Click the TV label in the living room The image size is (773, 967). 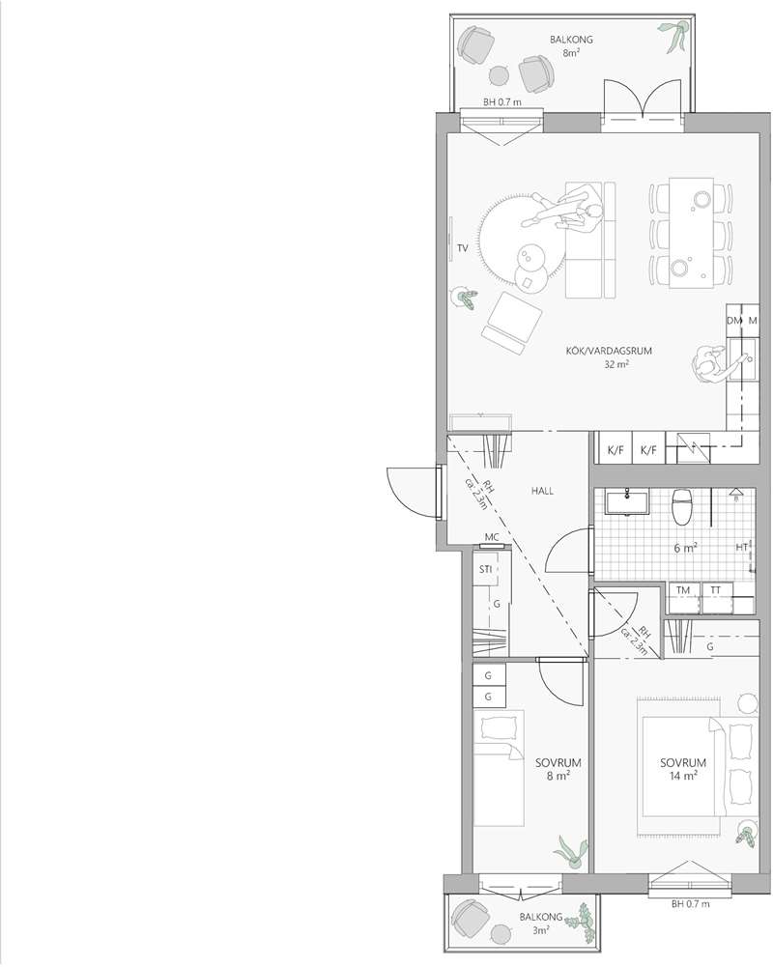(463, 248)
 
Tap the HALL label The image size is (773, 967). (542, 491)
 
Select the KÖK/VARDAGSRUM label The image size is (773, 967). (609, 351)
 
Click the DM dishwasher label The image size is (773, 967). (734, 321)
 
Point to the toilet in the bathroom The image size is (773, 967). (682, 507)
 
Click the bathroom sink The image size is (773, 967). (627, 502)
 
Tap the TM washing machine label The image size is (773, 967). (683, 590)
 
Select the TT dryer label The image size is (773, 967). (715, 590)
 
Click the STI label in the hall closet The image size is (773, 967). (485, 569)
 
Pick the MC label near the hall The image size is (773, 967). (492, 538)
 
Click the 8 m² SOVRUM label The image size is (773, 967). (558, 769)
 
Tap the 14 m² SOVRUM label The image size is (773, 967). (683, 769)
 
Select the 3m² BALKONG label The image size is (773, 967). (541, 924)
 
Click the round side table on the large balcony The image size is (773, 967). (500, 76)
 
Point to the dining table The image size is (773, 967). (692, 233)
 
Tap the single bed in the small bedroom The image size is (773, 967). (499, 768)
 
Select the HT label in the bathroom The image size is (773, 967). (741, 547)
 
